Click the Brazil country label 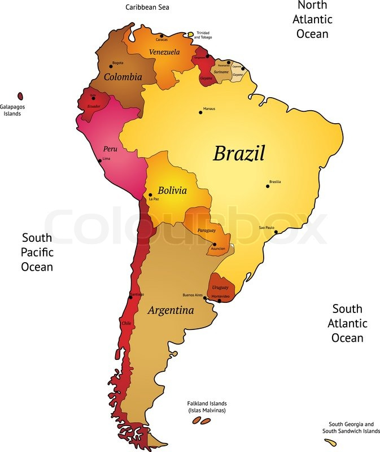pos(238,153)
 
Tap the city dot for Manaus pos(200,112)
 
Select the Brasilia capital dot pos(268,186)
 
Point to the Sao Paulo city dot pos(276,232)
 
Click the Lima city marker pos(100,160)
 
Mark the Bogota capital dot pos(111,66)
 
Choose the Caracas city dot pos(161,36)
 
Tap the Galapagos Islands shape pos(20,97)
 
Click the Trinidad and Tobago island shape pos(191,33)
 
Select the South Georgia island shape pos(334,443)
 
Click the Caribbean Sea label pos(147,7)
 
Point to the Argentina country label pos(171,310)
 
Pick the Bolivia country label pos(172,190)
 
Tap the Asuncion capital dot pos(215,245)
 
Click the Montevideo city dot pos(219,301)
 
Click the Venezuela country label pos(164,52)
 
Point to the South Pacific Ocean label pos(37,252)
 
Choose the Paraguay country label pos(207,231)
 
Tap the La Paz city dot pos(150,195)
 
